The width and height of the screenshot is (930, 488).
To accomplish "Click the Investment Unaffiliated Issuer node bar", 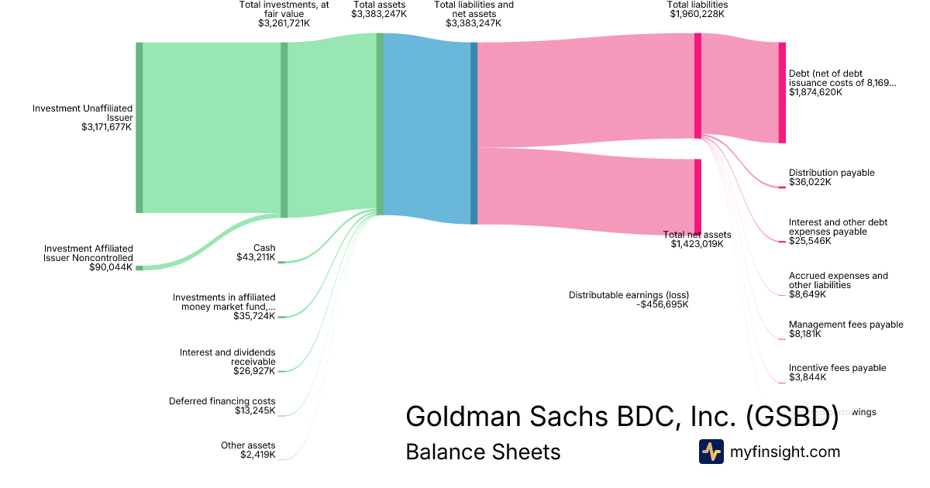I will click(139, 128).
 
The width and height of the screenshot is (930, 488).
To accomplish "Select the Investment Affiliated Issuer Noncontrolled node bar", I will click(139, 267).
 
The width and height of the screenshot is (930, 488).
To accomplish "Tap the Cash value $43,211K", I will click(256, 257).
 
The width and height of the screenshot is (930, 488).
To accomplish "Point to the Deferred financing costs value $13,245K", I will click(255, 411).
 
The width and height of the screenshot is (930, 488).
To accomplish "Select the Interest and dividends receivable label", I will click(227, 357).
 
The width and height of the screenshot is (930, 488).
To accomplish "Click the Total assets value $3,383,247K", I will click(379, 14).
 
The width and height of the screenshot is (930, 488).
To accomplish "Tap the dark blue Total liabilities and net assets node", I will click(474, 133).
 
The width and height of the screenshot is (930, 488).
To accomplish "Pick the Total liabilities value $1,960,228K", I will click(697, 14).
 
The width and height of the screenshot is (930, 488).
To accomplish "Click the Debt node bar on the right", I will click(782, 93).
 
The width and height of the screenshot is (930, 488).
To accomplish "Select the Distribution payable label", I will click(832, 173).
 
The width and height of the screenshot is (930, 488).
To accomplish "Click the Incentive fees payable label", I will click(837, 368).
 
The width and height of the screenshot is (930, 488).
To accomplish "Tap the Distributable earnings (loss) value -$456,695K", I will click(662, 304).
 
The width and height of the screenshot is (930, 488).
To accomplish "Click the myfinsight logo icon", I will click(711, 452).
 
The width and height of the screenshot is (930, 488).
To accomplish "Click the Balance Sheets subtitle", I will click(483, 452).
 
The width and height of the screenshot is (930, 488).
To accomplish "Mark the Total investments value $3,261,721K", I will click(284, 24).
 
